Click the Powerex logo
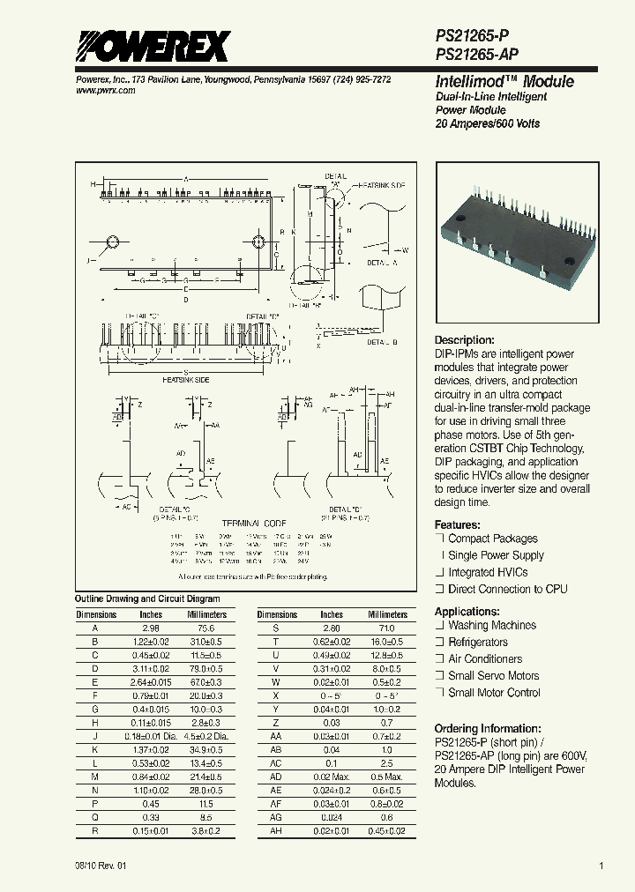[152, 45]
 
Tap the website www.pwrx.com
[100, 91]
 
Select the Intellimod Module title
[504, 81]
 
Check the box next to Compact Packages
[439, 539]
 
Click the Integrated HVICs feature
[488, 572]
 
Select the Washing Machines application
[491, 625]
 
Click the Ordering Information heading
[488, 728]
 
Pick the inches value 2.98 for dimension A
[151, 628]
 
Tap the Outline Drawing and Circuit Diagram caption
[135, 598]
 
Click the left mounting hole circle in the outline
[112, 242]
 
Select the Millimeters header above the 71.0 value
[387, 614]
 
